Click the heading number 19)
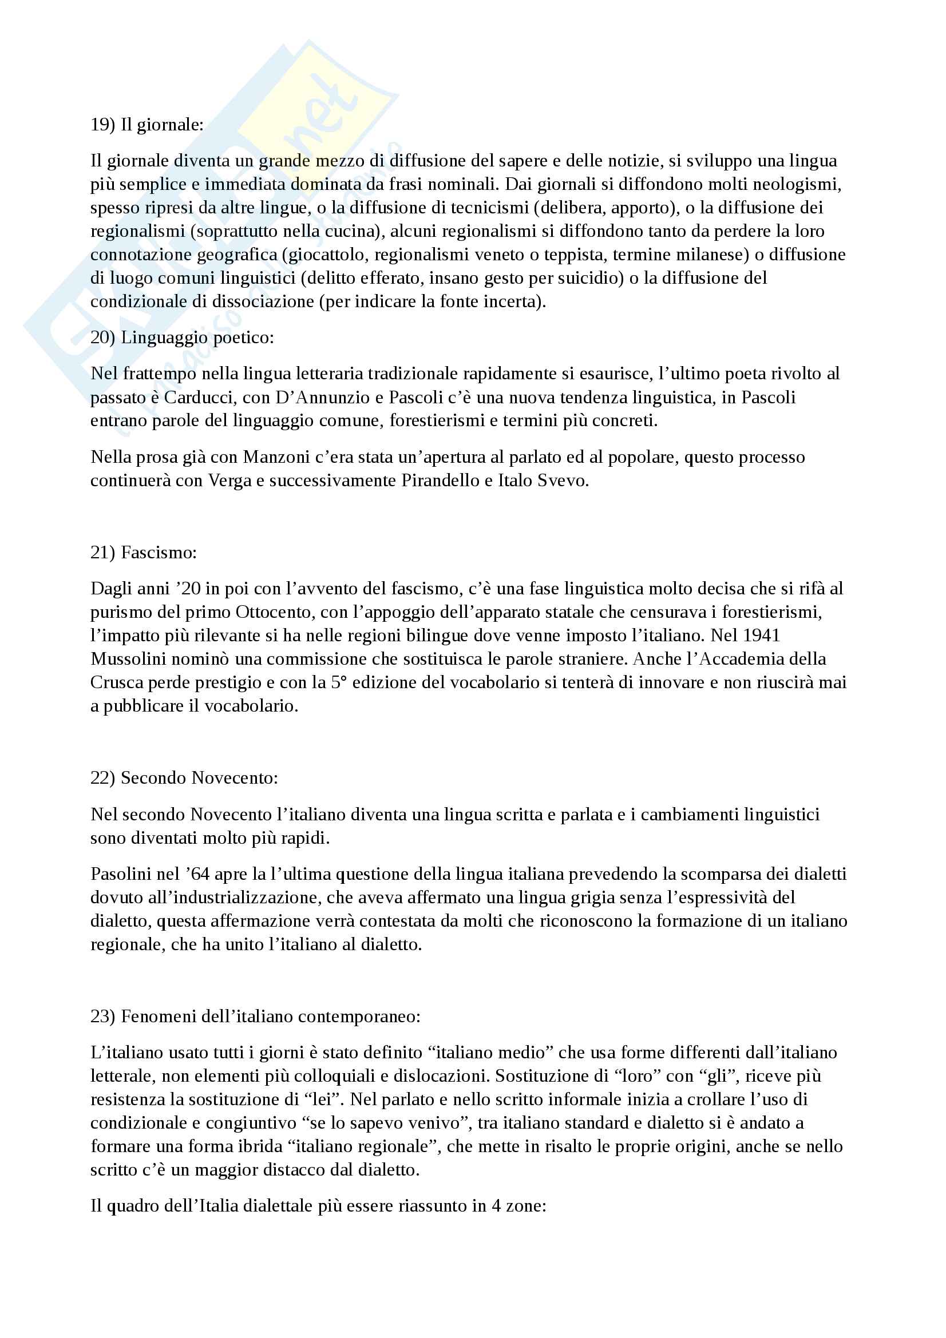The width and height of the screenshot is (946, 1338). coord(102,125)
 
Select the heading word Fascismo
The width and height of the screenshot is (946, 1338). coord(158,553)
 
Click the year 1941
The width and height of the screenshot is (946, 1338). coord(762,635)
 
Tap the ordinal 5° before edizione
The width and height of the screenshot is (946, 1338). coord(339,682)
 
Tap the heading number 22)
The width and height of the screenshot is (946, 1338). coord(102,778)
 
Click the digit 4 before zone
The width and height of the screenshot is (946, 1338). coord(496,1206)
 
